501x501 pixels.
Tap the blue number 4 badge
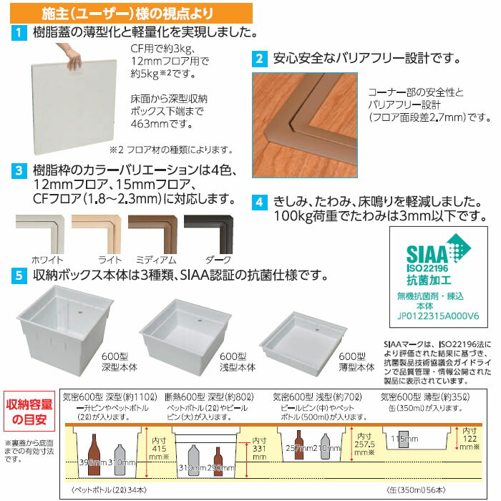point(260,203)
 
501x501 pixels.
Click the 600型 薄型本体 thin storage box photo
point(303,339)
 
